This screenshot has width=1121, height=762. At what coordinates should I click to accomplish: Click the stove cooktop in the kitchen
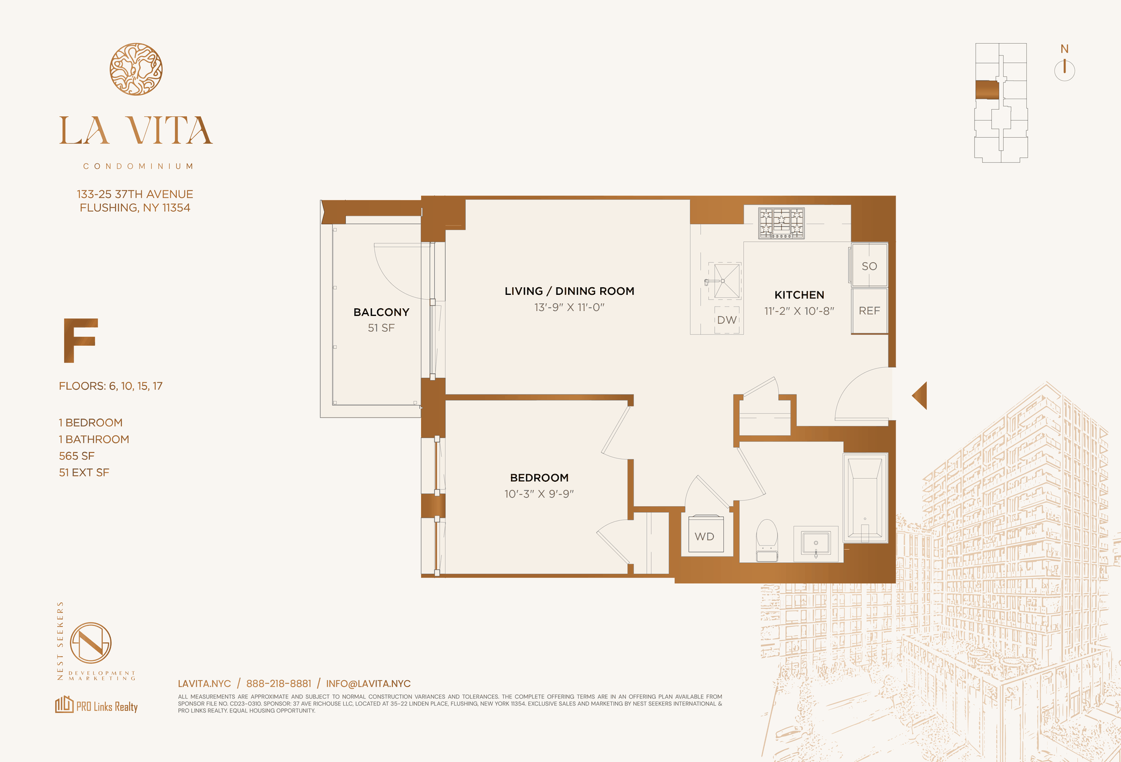point(781,223)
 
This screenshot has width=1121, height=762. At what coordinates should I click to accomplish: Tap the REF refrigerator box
point(869,311)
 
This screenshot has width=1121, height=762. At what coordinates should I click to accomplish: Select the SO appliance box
point(869,266)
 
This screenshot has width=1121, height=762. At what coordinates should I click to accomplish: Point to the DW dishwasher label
point(727,320)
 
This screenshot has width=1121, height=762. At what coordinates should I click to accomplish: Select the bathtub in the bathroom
point(865,497)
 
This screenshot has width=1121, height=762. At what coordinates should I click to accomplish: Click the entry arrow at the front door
point(920,395)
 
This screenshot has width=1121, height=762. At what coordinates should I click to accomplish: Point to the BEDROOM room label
point(539,478)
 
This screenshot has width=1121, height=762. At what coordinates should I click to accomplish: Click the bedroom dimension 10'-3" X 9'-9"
point(539,494)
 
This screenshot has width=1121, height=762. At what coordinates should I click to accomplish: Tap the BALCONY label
point(381,312)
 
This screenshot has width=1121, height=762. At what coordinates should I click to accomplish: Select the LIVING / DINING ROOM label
point(569,291)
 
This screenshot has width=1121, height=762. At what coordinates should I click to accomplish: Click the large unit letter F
point(80,340)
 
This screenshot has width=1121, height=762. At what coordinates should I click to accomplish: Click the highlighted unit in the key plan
point(987,90)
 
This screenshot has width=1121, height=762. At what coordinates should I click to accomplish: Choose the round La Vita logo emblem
point(136,69)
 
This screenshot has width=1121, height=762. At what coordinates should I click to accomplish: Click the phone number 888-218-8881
point(278,684)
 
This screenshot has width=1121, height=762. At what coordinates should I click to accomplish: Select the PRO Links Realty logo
point(96,705)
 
